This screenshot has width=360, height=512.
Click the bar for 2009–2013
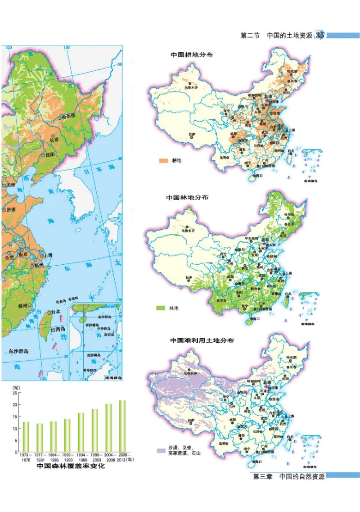coord(122,426)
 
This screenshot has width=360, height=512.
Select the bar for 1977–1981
coord(40,437)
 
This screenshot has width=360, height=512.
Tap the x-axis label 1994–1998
coord(81,458)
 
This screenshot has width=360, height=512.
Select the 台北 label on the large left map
coord(55,311)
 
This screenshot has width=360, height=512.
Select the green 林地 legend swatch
coord(161,308)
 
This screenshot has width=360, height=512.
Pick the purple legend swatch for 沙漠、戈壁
coord(161,450)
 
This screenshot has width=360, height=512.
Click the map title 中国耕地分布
coord(192,54)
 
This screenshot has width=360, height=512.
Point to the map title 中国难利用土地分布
coord(202,341)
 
